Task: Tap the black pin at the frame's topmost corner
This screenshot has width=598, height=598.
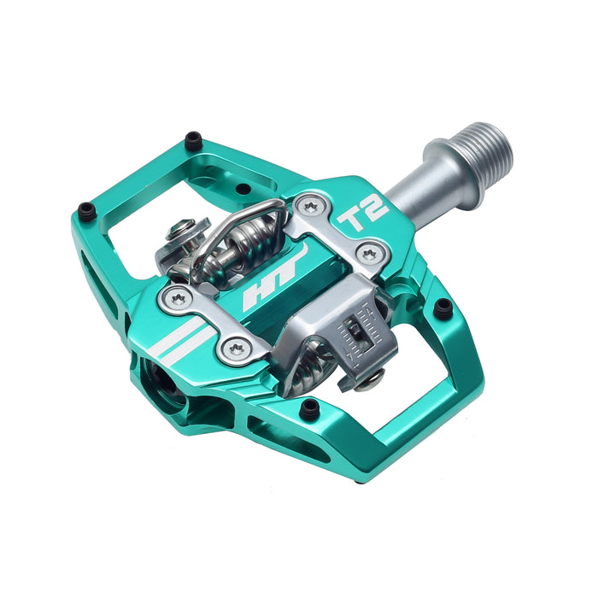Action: click(x=193, y=138)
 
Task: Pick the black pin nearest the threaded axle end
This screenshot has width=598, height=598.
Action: click(x=443, y=308)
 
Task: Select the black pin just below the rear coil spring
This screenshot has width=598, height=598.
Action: click(x=309, y=410)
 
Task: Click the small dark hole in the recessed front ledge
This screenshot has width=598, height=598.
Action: click(x=243, y=189)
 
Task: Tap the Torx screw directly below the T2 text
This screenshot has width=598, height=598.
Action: click(x=368, y=253)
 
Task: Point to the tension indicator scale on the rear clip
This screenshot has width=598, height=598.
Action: click(x=357, y=330)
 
